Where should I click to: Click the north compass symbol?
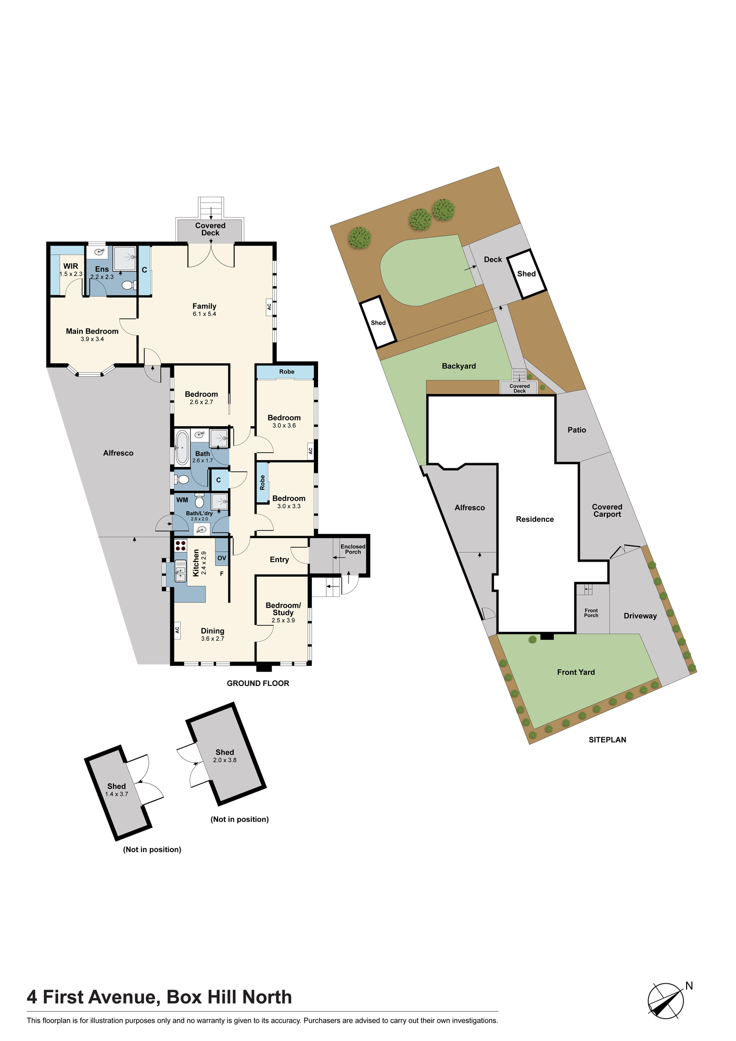(666, 1001)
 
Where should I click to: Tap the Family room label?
(204, 306)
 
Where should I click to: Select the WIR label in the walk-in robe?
(71, 266)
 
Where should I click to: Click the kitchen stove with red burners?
(181, 545)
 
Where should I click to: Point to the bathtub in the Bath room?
(182, 448)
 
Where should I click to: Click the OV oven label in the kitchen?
(222, 558)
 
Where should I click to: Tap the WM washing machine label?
(182, 500)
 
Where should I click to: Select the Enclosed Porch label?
(353, 549)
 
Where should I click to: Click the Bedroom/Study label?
(283, 609)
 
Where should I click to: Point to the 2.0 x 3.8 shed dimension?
(225, 760)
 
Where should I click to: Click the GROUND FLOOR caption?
(258, 683)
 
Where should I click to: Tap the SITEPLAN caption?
(607, 739)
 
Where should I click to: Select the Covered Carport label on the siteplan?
(607, 511)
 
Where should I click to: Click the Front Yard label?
(576, 672)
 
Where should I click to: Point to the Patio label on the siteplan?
(577, 430)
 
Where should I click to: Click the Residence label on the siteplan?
(535, 519)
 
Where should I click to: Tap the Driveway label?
(640, 616)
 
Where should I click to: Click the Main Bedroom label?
(92, 331)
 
